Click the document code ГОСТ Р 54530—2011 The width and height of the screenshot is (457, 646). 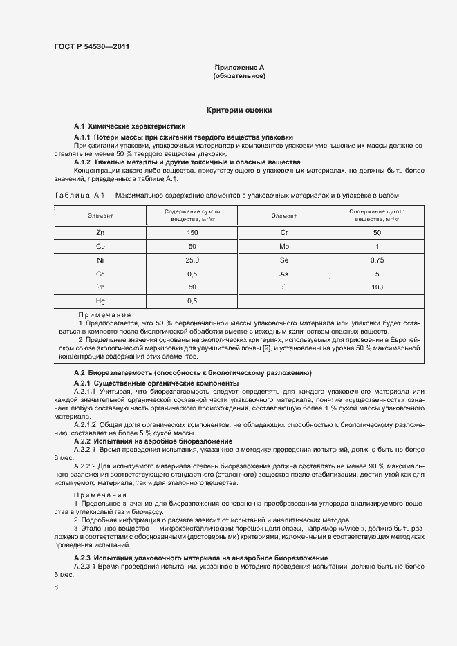pos(91,47)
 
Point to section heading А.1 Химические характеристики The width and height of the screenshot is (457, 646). pos(130,126)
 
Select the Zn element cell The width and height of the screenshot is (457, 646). pos(100,233)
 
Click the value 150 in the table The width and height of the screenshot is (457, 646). pos(192,233)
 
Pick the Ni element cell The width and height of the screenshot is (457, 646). pos(100,260)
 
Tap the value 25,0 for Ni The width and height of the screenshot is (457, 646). pos(192,260)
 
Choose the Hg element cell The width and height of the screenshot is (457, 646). pos(100,301)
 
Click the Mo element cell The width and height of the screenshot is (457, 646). pos(284,247)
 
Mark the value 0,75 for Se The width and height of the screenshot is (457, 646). pos(377,260)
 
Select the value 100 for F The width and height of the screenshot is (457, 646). pos(377,287)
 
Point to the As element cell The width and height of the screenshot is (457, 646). pos(284,274)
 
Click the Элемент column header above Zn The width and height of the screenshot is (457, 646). pos(100,216)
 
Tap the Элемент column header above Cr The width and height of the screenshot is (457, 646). pos(284,216)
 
